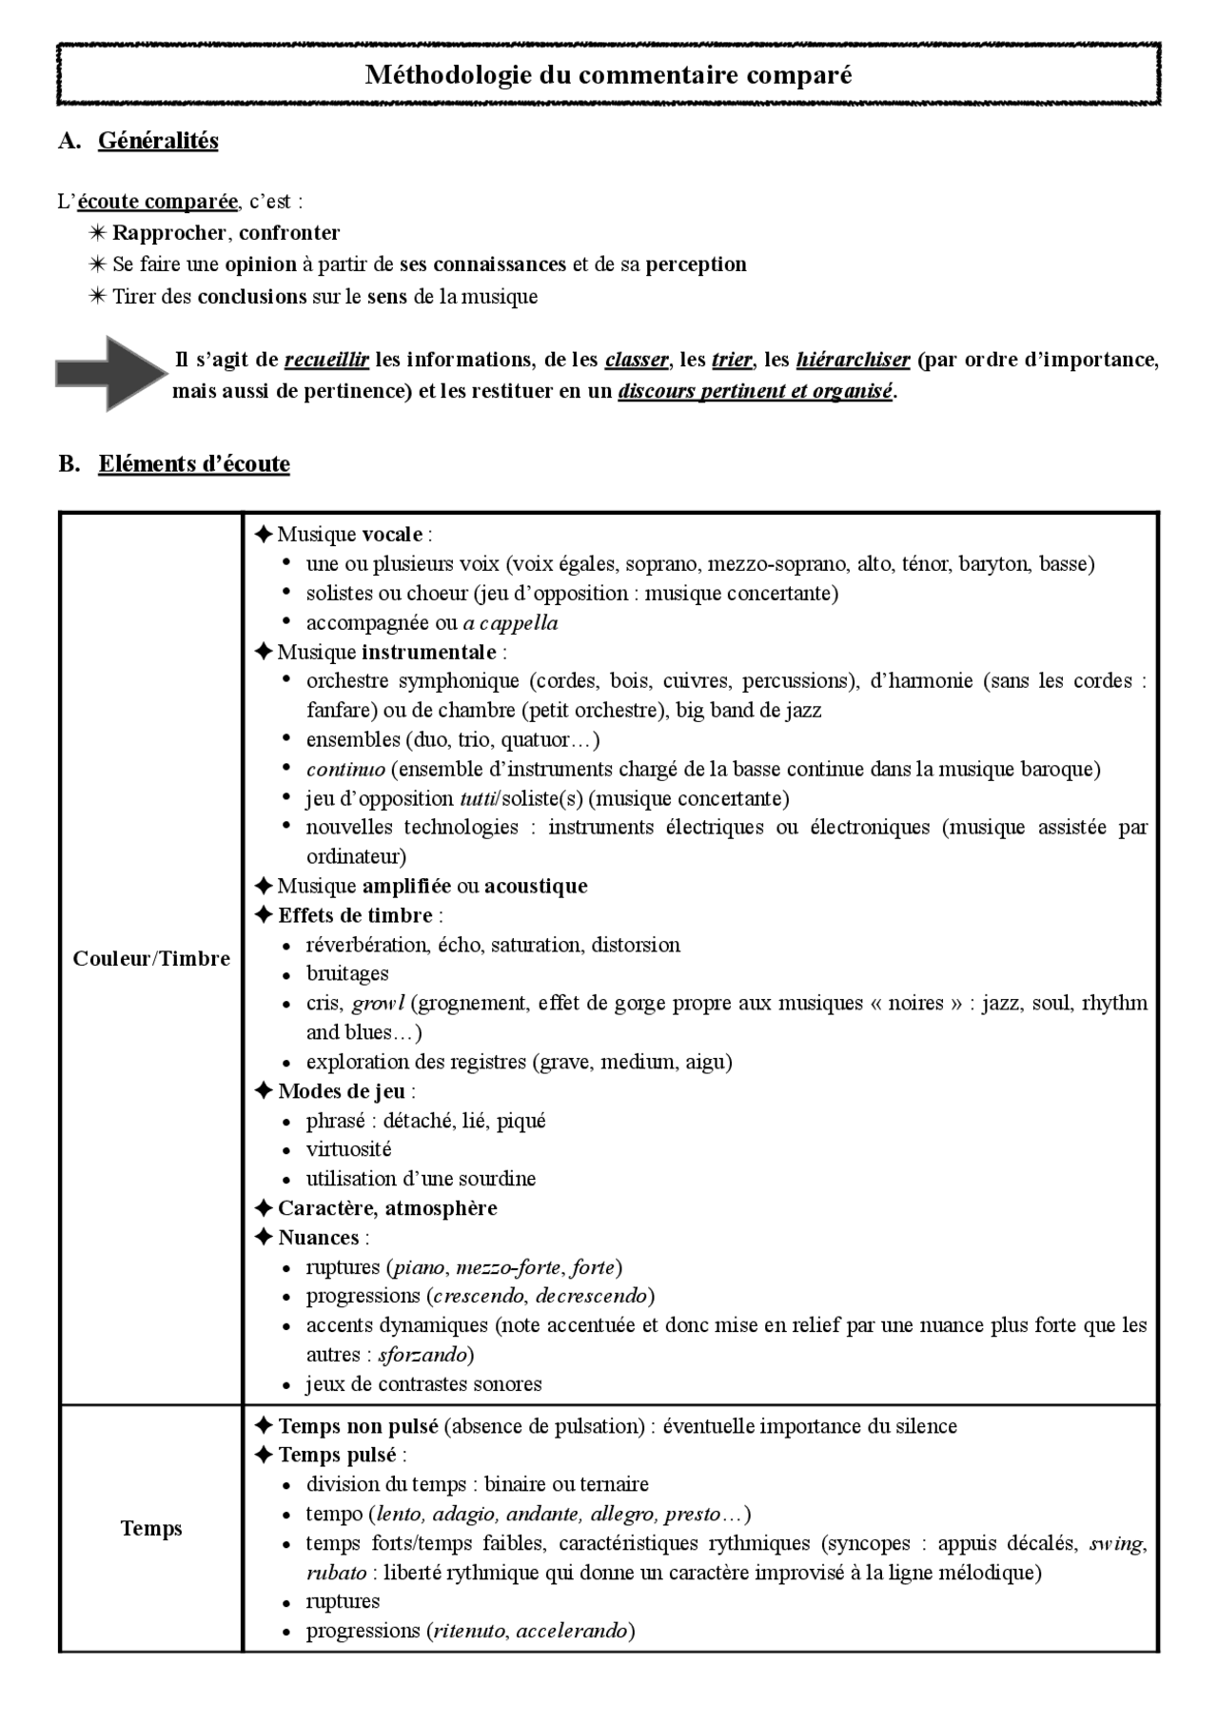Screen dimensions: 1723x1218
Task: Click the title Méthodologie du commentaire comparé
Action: coord(608,74)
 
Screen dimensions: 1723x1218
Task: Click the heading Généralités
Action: coord(158,141)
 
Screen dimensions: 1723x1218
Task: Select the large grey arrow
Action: coord(110,373)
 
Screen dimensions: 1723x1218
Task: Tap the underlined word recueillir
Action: coord(326,360)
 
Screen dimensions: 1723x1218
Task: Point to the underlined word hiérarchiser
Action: coord(853,360)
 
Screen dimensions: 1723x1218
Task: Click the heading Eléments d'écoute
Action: coord(194,464)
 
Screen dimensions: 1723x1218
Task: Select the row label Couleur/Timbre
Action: coord(151,958)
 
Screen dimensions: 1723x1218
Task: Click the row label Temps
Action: coord(151,1529)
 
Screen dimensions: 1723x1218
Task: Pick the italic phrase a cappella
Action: coord(510,623)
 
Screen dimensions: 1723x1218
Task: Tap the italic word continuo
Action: coord(345,769)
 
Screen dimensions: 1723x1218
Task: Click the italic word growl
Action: coord(379,1003)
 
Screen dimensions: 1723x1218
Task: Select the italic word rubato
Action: coord(336,1573)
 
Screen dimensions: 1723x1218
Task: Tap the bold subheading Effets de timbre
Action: coord(355,915)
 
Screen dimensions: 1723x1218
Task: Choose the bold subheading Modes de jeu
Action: coord(341,1091)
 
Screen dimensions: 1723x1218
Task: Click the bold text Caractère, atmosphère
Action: coord(387,1208)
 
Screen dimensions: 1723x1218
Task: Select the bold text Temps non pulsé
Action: coord(358,1426)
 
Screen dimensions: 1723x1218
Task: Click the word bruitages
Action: coord(347,973)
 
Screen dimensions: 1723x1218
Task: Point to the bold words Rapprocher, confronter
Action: coord(226,233)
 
